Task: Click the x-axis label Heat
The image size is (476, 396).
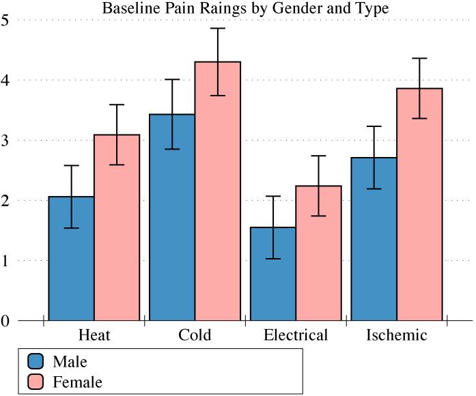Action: pos(94,335)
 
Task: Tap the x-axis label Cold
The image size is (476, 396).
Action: pos(195,335)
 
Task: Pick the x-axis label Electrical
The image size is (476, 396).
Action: pos(296,335)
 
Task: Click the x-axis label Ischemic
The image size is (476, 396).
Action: pos(397,335)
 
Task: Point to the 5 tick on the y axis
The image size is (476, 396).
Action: pos(5,20)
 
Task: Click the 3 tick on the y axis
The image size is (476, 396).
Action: pos(5,140)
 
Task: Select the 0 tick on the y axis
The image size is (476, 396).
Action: pos(5,320)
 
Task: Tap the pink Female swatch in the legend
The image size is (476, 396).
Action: pos(36,382)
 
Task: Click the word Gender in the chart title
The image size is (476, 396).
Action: pos(268,9)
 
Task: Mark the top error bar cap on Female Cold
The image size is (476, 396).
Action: pos(218,28)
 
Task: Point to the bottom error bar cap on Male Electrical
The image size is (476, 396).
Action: pos(273,259)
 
